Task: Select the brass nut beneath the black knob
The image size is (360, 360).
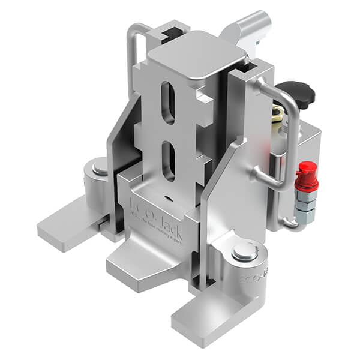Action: tap(278, 112)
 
